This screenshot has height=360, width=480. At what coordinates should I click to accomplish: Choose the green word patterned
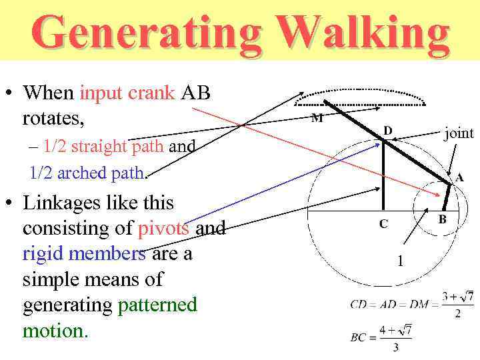pos(157,305)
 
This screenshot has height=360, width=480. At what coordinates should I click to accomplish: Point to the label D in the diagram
pos(387,130)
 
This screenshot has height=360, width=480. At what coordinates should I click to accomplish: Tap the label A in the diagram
pos(459,178)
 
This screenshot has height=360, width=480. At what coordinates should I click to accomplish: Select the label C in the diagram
pos(383,224)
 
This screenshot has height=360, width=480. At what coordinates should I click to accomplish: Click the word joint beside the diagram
pos(459,133)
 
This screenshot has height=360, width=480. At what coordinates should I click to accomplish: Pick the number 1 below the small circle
pos(400,261)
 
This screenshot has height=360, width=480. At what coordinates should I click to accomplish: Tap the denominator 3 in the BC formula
pos(395,347)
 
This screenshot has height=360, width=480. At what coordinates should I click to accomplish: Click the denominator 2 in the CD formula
pos(457,314)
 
